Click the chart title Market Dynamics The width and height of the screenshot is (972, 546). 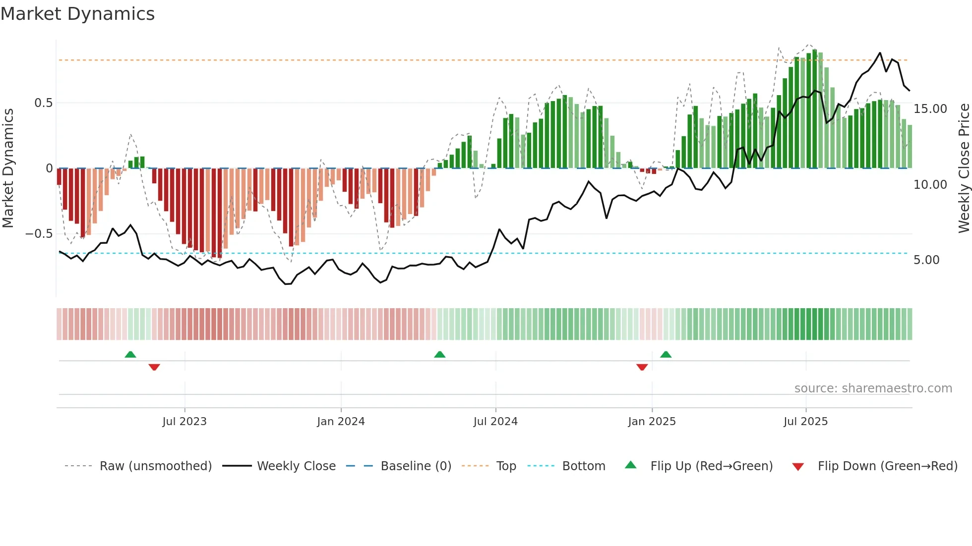[x=77, y=14]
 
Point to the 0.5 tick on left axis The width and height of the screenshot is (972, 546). [x=43, y=103]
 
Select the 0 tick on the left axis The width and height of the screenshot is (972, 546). [x=49, y=168]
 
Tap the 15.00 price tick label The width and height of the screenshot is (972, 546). [x=930, y=109]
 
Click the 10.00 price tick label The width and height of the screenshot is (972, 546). [x=930, y=185]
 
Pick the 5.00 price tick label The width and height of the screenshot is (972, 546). [x=926, y=260]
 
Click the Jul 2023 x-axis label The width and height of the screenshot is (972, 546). [x=184, y=422]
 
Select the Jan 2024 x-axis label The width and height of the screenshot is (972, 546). [x=341, y=422]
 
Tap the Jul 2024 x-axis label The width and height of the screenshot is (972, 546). [x=495, y=422]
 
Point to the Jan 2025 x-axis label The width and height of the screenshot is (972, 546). [x=652, y=422]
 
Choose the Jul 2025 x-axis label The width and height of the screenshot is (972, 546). [x=805, y=422]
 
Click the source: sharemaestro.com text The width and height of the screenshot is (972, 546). [x=873, y=388]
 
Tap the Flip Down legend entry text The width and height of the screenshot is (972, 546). [x=887, y=466]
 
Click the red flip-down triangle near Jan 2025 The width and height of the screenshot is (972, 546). [x=642, y=367]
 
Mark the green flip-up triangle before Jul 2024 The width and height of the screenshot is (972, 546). [x=439, y=354]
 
